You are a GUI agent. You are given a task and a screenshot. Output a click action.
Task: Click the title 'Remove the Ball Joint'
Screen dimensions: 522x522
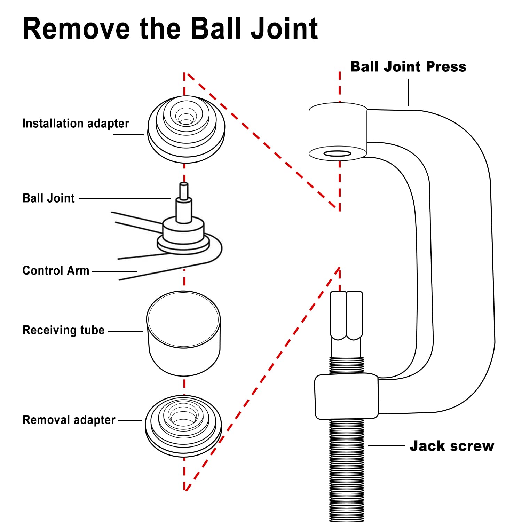tap(170, 28)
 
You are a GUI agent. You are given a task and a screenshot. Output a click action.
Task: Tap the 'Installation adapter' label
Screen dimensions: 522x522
tap(76, 124)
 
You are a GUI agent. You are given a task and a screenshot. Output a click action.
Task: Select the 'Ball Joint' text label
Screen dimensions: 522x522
tap(49, 198)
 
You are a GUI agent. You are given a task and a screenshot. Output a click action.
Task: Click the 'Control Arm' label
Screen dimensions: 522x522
tap(56, 270)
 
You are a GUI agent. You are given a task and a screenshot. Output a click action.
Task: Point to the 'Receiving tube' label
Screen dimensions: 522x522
tap(63, 330)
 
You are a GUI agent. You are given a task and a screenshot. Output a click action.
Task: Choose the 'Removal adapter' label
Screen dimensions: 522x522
tap(69, 420)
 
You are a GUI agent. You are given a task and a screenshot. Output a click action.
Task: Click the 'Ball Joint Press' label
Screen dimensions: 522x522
tap(408, 66)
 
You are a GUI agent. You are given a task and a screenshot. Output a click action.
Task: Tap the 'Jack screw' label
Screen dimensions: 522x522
tap(452, 446)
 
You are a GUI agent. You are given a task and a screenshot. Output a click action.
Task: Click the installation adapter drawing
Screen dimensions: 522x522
tap(186, 129)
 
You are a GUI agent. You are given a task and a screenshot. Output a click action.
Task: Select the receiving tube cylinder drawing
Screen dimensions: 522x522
tap(183, 333)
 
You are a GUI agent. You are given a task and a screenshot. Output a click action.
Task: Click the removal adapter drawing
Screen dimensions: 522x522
tap(183, 426)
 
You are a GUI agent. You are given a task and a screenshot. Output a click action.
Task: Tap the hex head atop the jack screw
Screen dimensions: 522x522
tap(347, 316)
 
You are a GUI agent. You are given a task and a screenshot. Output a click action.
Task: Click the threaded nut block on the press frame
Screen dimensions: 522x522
tap(347, 396)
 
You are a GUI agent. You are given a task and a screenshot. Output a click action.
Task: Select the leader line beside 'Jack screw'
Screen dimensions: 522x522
tap(386, 445)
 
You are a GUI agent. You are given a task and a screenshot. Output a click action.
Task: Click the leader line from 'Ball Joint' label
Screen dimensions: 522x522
tap(125, 198)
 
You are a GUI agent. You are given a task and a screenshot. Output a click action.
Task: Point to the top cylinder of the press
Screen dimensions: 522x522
tap(338, 132)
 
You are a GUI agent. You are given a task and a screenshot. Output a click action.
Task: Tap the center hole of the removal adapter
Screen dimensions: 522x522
tap(183, 414)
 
